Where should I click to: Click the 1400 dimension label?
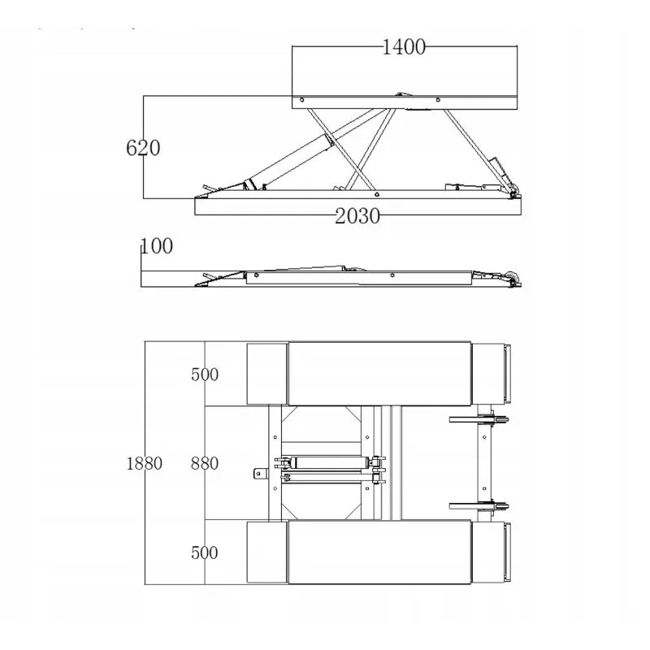(x=403, y=47)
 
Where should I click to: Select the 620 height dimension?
(x=143, y=148)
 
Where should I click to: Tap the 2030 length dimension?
(x=357, y=216)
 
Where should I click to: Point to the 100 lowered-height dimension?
(x=157, y=246)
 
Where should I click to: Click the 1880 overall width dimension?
(x=144, y=463)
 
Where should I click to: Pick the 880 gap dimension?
(x=205, y=463)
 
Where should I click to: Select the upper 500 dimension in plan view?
(x=205, y=375)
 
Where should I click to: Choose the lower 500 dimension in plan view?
(x=205, y=552)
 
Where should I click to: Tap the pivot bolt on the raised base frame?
(x=376, y=194)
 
